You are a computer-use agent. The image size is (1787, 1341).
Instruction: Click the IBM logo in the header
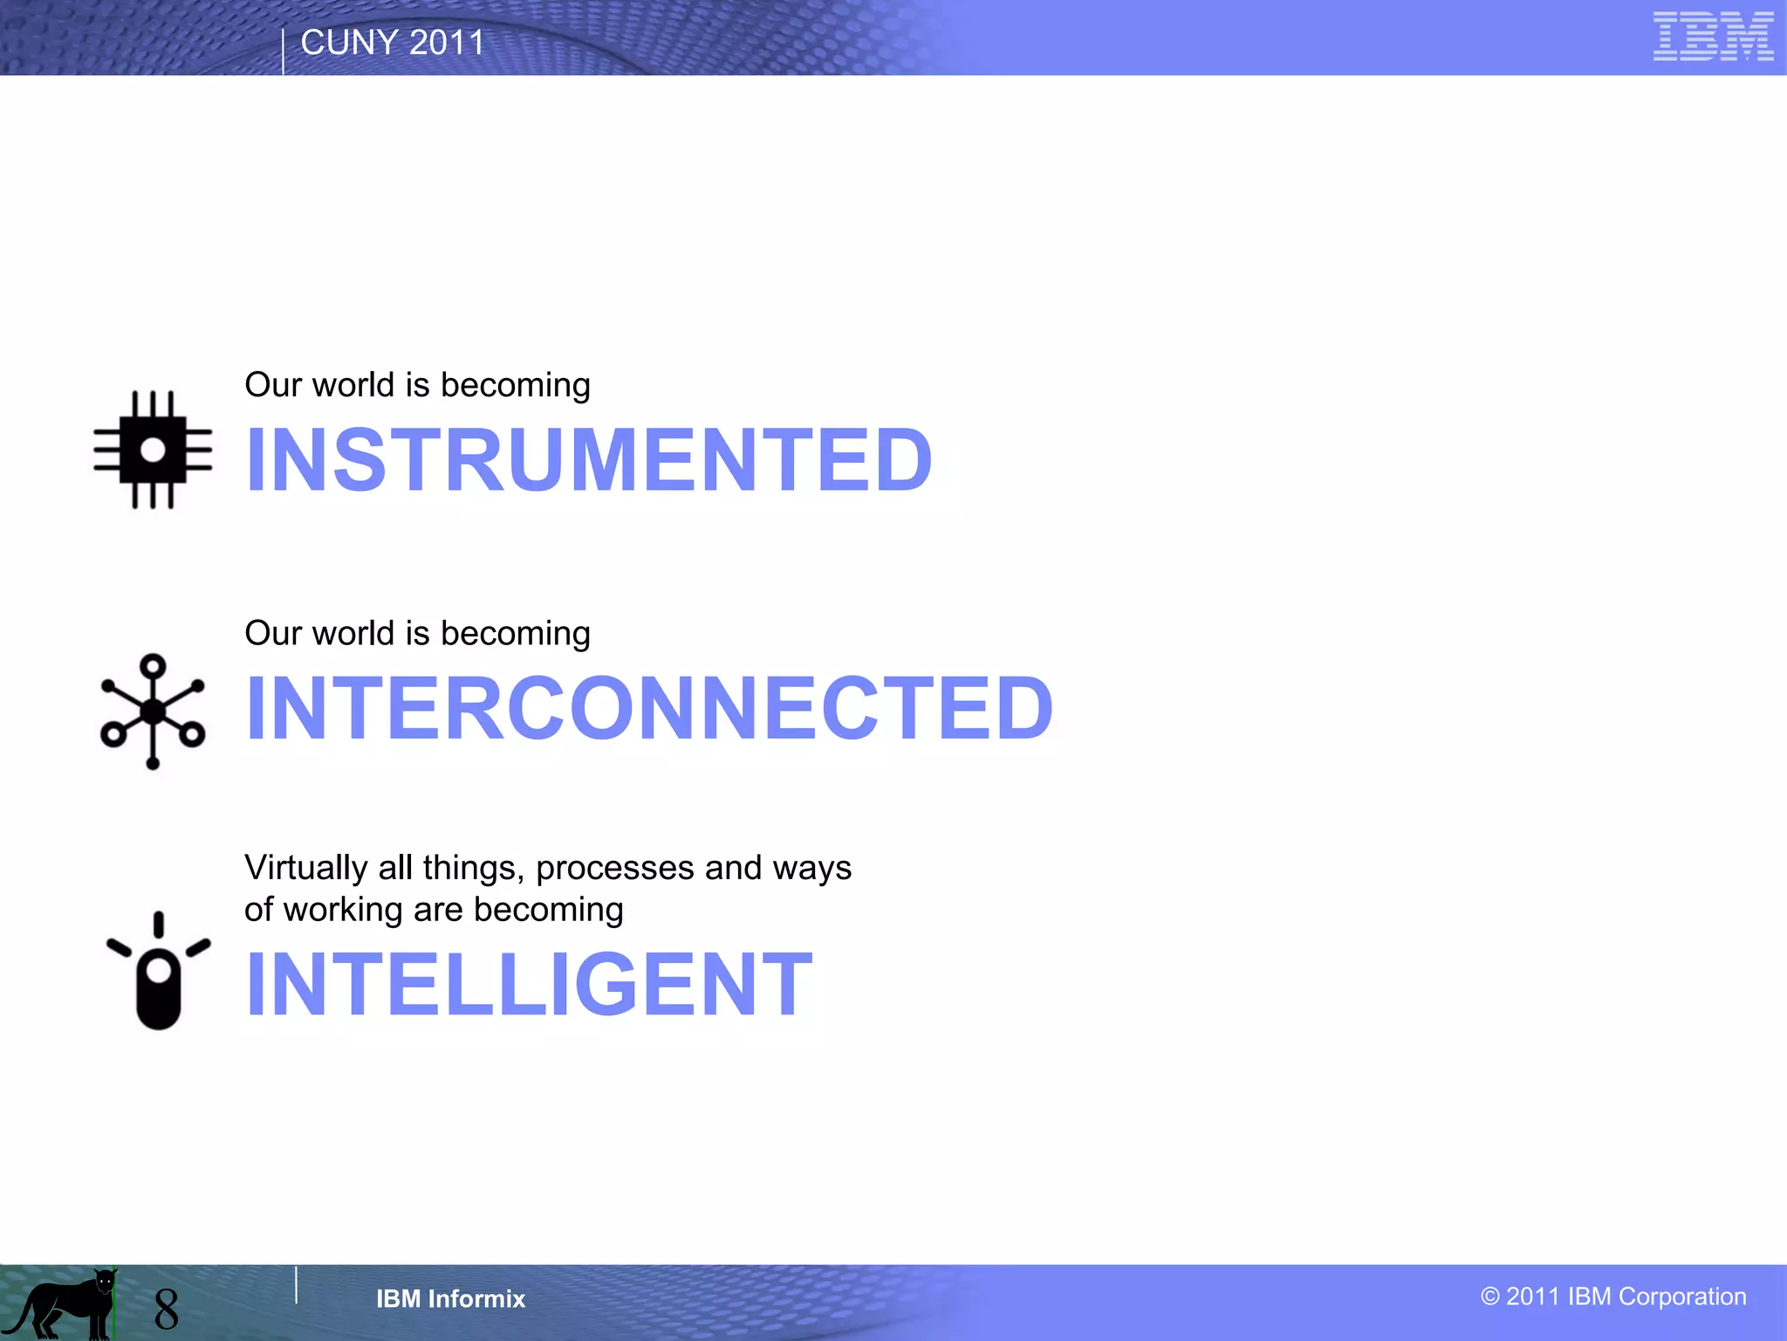[1712, 37]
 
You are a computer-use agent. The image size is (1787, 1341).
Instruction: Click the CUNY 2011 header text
[392, 43]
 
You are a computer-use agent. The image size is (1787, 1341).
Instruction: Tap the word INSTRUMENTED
[589, 460]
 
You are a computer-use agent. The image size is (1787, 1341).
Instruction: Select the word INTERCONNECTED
[649, 708]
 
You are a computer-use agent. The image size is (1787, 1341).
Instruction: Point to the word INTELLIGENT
[529, 985]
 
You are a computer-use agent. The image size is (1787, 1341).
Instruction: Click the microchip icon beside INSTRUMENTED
[153, 450]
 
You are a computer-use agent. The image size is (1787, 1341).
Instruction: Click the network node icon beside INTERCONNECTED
[153, 712]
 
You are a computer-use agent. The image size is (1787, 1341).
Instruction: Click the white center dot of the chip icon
[153, 450]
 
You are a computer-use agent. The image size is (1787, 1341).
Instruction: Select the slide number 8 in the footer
[166, 1309]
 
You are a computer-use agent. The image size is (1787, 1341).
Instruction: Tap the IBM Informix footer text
[450, 1299]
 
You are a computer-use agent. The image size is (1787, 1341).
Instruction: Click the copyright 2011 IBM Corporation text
[1613, 1296]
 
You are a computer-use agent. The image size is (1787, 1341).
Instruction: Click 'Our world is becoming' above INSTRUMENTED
[417, 385]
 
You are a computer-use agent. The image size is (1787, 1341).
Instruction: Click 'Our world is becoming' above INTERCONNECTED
[417, 633]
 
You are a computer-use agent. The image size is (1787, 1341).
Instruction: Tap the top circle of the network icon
[153, 666]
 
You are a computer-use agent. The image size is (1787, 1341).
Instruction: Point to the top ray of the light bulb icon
[158, 925]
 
